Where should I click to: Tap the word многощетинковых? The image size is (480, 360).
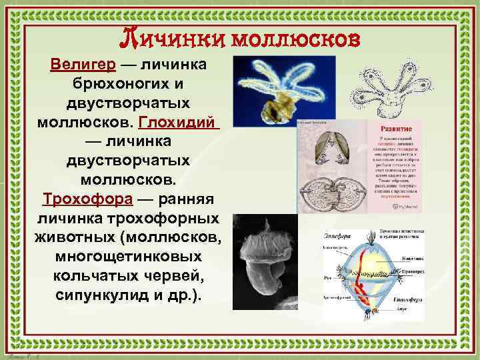[x=128, y=256]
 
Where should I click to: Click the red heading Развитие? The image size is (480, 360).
[x=396, y=127]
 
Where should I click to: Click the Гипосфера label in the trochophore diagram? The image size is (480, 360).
[x=429, y=300]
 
